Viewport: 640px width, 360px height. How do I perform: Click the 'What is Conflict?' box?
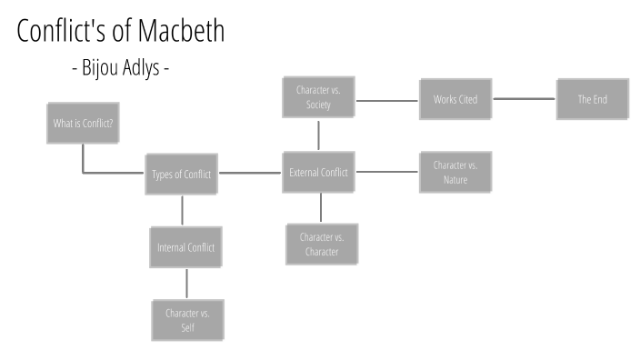83,123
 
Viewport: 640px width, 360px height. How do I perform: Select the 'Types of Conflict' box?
183,175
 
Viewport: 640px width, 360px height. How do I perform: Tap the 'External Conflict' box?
319,172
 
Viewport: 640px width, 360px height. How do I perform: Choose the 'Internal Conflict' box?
185,246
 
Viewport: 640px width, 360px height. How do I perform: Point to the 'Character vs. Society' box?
318,98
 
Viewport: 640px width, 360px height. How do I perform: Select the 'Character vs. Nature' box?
455,172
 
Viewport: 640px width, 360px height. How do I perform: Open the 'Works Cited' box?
455,98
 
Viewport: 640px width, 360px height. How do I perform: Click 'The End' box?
592,98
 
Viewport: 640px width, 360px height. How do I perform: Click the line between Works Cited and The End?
524,98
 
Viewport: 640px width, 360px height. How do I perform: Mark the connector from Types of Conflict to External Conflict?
251,172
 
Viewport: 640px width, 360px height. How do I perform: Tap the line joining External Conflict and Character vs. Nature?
387,172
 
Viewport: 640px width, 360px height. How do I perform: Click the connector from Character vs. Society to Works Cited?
387,98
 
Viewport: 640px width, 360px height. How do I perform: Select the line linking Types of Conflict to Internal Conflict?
183,210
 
